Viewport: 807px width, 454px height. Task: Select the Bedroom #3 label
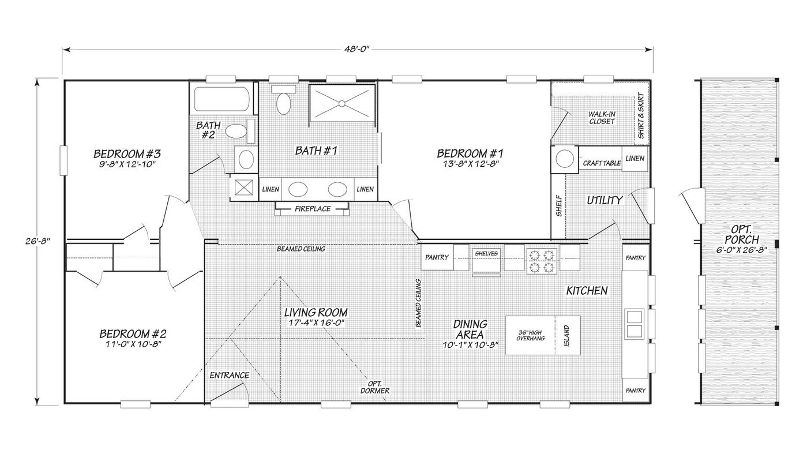pos(126,154)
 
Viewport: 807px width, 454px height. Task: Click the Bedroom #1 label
pos(470,153)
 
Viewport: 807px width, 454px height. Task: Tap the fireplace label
pos(313,209)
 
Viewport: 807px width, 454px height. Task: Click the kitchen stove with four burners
pos(542,260)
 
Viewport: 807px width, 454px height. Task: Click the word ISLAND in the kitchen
pos(566,334)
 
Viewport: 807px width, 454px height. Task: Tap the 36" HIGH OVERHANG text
pos(530,335)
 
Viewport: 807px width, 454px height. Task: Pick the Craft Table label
pos(602,163)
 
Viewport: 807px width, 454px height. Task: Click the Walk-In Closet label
pos(602,118)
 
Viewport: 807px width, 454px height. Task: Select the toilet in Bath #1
pos(283,103)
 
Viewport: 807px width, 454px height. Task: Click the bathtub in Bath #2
pos(222,99)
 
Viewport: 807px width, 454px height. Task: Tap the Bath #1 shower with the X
pos(342,103)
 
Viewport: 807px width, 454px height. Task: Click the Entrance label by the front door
pos(229,376)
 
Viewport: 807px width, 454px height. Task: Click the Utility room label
pos(605,200)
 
